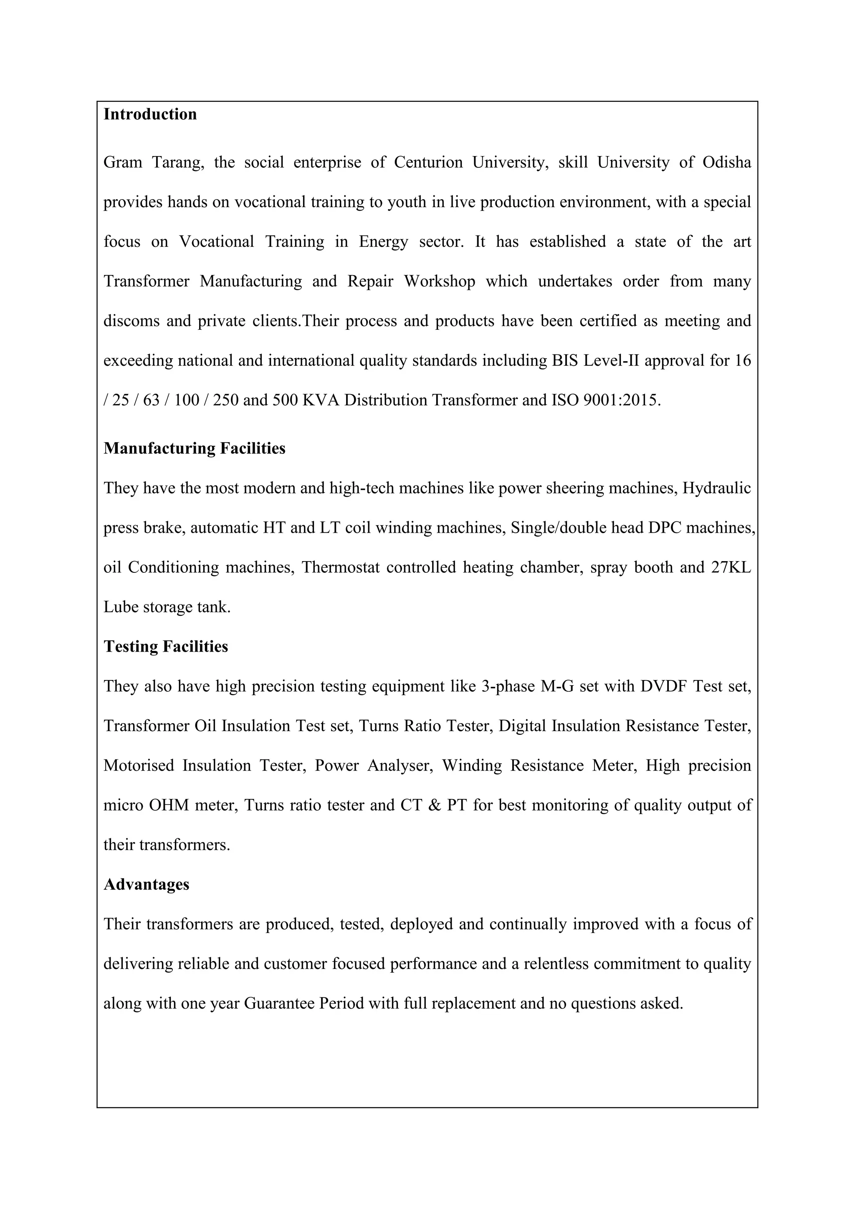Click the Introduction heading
click(150, 114)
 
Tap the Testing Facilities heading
click(166, 646)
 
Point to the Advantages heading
click(147, 884)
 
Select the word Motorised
click(139, 765)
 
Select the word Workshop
click(440, 281)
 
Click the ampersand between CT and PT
click(435, 805)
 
